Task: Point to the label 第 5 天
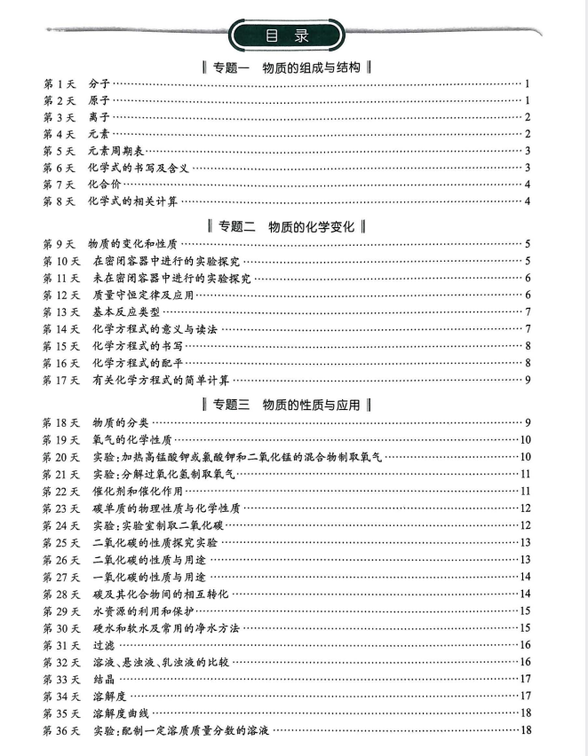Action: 60,151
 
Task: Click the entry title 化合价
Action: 103,185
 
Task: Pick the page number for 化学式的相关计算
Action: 528,201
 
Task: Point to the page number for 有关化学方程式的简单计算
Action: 528,381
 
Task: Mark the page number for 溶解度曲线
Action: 527,713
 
